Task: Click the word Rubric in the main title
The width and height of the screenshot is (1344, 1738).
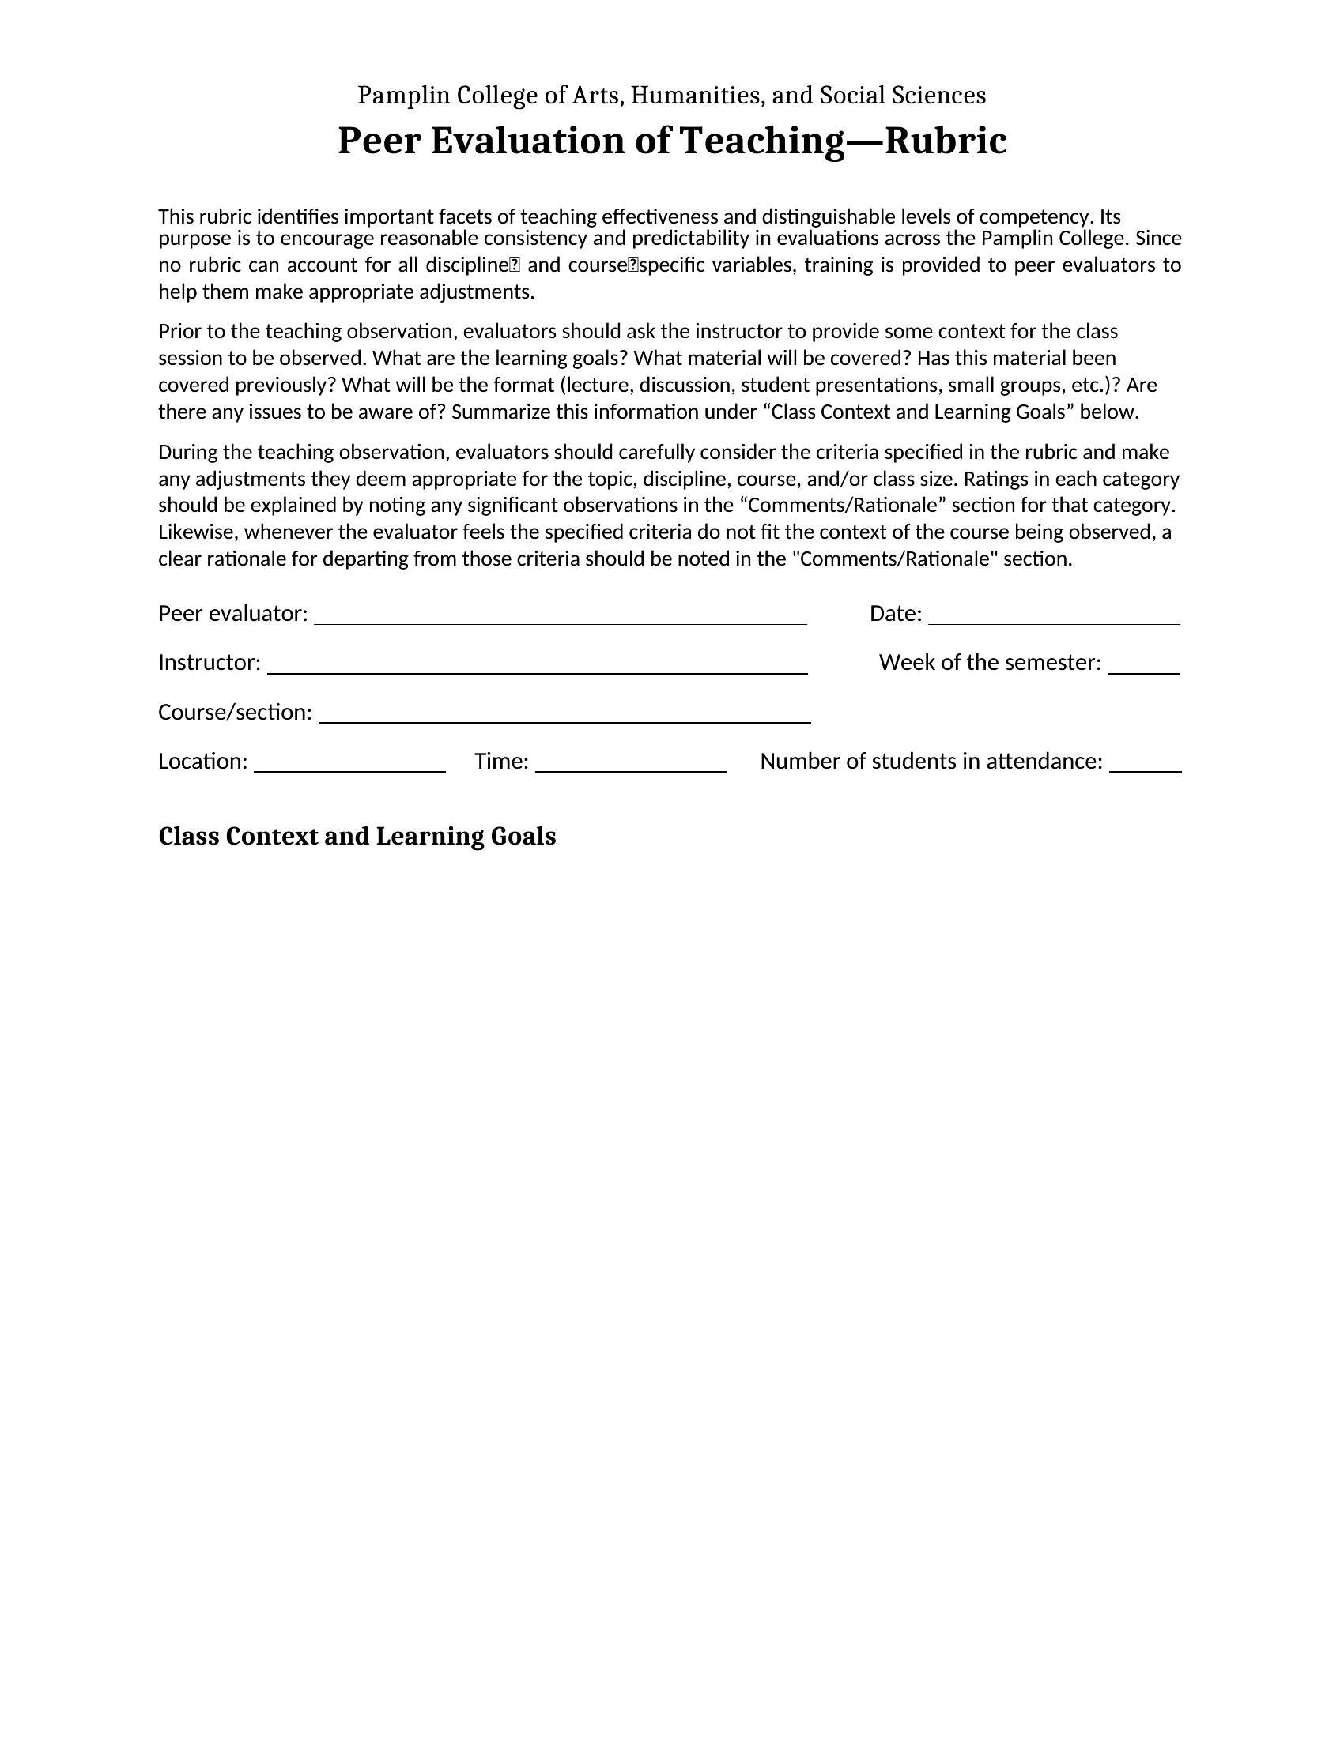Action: point(946,141)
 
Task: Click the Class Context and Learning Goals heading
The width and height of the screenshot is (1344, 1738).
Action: point(357,837)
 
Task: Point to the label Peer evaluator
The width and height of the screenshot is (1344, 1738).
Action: point(232,614)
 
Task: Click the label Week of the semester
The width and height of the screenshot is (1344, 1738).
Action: point(990,663)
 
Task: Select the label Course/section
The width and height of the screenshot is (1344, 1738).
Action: point(235,713)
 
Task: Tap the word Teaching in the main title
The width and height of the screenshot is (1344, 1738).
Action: point(761,141)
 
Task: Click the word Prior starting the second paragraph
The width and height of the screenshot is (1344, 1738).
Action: point(180,331)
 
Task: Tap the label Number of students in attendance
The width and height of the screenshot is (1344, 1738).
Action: point(931,762)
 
